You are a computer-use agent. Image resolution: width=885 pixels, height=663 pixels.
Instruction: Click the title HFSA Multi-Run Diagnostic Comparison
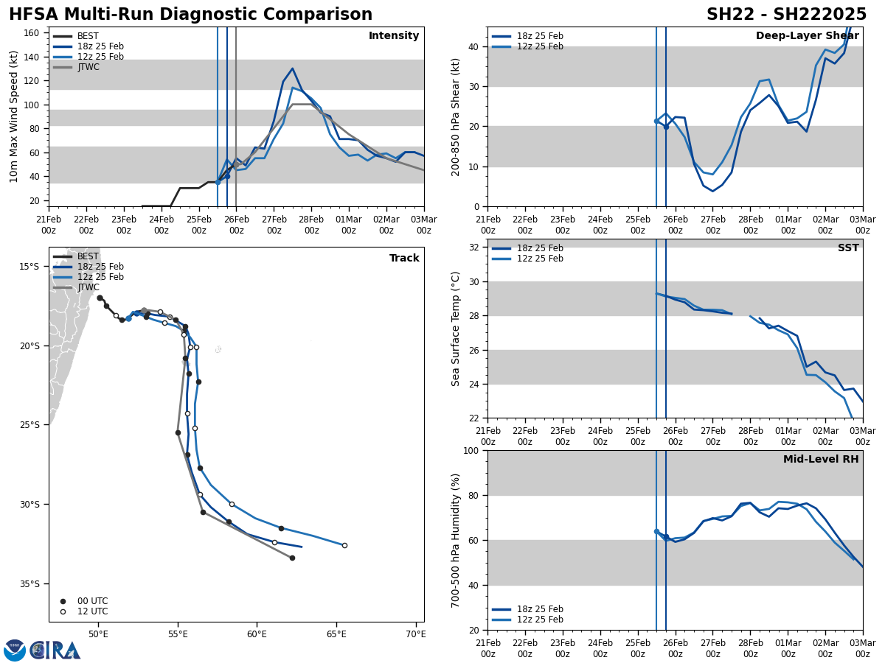(190, 15)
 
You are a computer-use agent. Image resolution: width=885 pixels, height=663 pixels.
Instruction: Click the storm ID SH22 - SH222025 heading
(786, 15)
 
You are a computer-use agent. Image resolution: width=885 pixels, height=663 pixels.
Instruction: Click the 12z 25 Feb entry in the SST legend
(539, 259)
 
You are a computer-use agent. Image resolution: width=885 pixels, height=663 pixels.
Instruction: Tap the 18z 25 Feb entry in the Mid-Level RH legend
(539, 609)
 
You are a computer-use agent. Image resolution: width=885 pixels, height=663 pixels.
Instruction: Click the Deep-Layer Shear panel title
(807, 36)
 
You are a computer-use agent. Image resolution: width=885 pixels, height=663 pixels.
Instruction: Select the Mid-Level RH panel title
(820, 460)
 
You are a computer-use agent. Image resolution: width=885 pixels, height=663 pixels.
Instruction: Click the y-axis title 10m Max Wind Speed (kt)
(13, 116)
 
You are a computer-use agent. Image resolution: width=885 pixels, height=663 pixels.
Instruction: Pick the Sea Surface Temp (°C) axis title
(456, 329)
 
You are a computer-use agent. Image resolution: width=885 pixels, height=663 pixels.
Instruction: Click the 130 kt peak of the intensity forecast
(292, 69)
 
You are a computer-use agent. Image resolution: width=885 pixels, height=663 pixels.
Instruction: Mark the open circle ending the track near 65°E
(344, 545)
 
